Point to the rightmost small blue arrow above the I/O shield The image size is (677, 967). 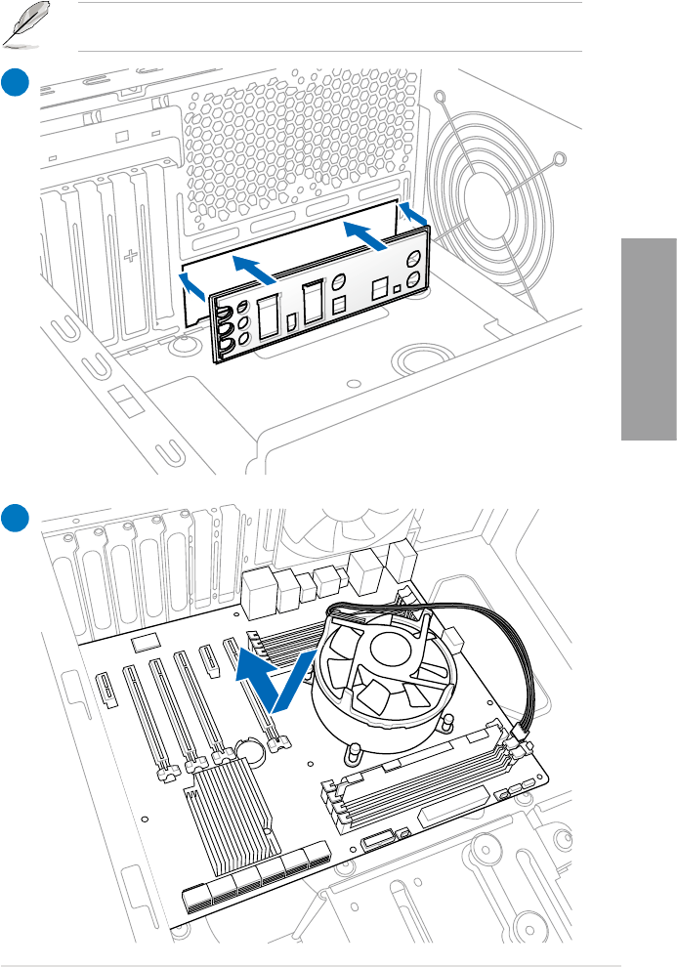tap(413, 214)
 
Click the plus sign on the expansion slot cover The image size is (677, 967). tap(130, 257)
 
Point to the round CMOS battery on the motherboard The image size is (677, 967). tap(252, 750)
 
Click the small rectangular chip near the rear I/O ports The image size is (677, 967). tap(147, 641)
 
